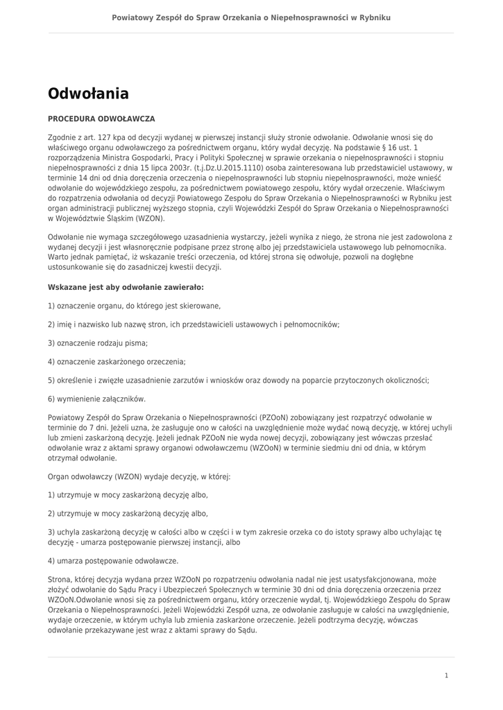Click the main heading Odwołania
[88, 93]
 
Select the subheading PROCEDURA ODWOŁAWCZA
[101, 119]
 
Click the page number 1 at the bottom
[447, 675]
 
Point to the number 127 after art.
[99, 137]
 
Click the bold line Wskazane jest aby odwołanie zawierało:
[126, 286]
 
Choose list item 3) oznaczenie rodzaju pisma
[98, 343]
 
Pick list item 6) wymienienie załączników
[97, 399]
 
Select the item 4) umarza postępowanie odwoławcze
[113, 560]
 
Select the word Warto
[58, 257]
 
